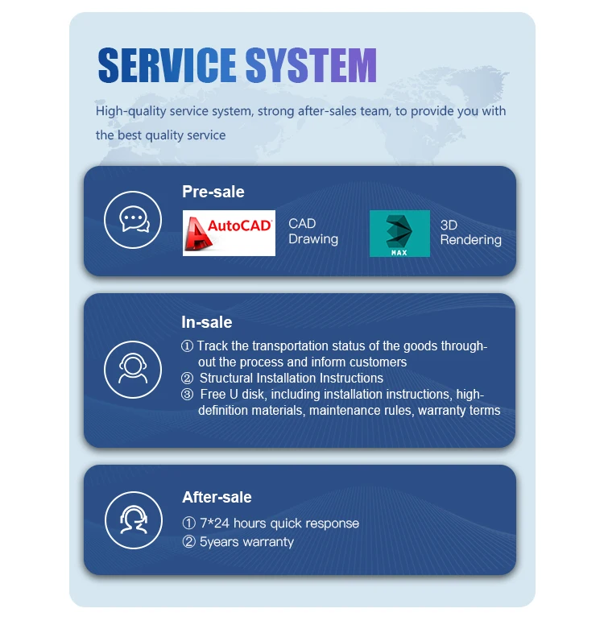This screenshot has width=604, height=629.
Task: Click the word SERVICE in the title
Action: pyautogui.click(x=167, y=65)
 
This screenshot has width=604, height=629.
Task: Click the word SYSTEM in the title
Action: pyautogui.click(x=311, y=65)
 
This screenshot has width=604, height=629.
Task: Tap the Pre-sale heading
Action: pyautogui.click(x=213, y=192)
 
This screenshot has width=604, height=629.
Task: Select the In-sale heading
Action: pyautogui.click(x=206, y=322)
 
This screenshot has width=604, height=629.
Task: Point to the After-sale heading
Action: pyautogui.click(x=217, y=497)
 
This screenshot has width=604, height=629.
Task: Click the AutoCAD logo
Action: pyautogui.click(x=229, y=233)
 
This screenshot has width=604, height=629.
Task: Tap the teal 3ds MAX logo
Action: pyautogui.click(x=399, y=233)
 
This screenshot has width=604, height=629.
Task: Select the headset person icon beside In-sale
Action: pyautogui.click(x=134, y=369)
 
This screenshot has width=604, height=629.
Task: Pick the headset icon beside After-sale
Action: pyautogui.click(x=134, y=519)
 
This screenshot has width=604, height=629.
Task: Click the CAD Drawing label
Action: pyautogui.click(x=312, y=231)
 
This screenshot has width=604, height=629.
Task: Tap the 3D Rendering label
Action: pyautogui.click(x=470, y=232)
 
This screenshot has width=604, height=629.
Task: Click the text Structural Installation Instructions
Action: pyautogui.click(x=291, y=378)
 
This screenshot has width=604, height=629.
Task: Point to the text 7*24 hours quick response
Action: pyautogui.click(x=279, y=523)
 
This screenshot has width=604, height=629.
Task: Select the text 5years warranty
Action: pyautogui.click(x=246, y=541)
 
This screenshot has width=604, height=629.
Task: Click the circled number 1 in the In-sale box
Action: pyautogui.click(x=188, y=346)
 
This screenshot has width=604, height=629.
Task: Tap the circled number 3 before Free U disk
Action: pyautogui.click(x=188, y=395)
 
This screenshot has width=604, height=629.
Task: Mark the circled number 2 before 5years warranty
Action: pyautogui.click(x=189, y=541)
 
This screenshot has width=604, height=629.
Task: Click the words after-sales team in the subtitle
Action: pyautogui.click(x=344, y=111)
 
